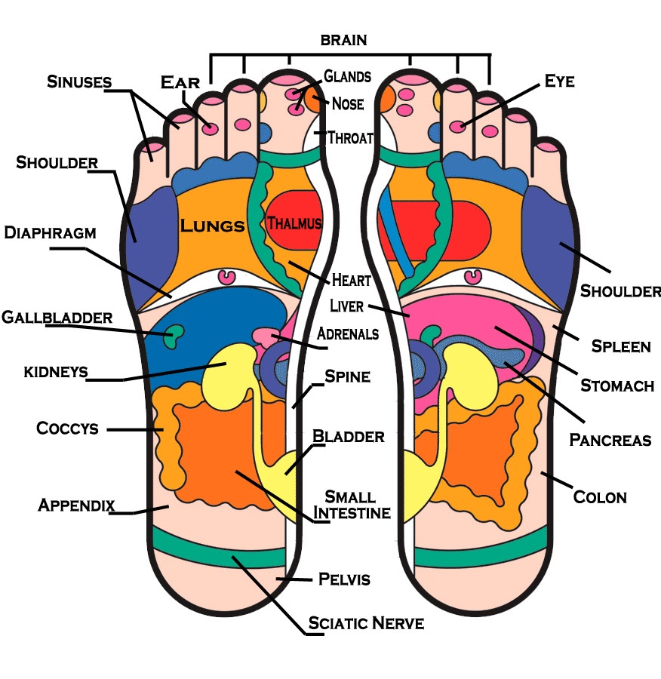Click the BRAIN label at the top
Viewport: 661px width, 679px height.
pyautogui.click(x=343, y=40)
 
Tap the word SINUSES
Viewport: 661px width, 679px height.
pyautogui.click(x=79, y=81)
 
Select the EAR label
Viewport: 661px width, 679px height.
pyautogui.click(x=180, y=82)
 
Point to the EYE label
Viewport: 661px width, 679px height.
pyautogui.click(x=560, y=81)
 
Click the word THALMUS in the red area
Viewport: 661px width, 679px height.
pyautogui.click(x=294, y=223)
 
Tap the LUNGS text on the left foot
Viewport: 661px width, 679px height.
pyautogui.click(x=212, y=225)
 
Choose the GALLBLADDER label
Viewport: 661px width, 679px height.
pyautogui.click(x=57, y=318)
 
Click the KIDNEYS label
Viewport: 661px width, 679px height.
pyautogui.click(x=56, y=372)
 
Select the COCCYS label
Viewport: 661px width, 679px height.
pyautogui.click(x=68, y=429)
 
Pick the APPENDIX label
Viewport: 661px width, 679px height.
pyautogui.click(x=76, y=505)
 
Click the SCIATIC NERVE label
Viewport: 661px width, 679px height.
pyautogui.click(x=366, y=623)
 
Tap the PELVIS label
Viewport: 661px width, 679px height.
pyautogui.click(x=344, y=579)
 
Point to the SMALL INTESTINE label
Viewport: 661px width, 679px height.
pyautogui.click(x=352, y=505)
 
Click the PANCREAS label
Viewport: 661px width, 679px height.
pyautogui.click(x=610, y=440)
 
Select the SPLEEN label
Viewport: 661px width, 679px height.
pyautogui.click(x=621, y=346)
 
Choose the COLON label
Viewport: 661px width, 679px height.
pyautogui.click(x=600, y=497)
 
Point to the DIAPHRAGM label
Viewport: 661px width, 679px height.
pyautogui.click(x=51, y=232)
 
